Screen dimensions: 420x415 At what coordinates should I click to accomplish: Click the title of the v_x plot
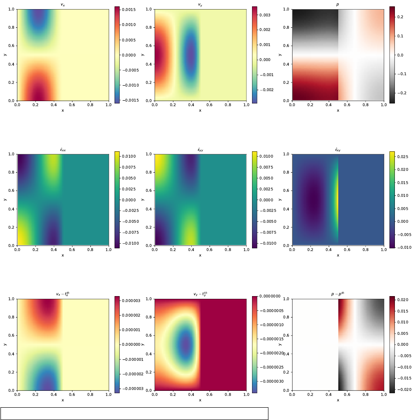[x=63, y=5]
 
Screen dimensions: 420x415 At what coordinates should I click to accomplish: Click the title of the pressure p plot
[x=338, y=5]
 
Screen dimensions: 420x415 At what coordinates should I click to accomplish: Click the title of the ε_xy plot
[x=338, y=149]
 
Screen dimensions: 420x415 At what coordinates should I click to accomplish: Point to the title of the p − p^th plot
[x=338, y=294]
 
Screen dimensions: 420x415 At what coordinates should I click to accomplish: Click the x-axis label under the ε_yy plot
[x=200, y=255]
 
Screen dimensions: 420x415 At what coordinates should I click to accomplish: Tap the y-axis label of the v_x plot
[x=5, y=55]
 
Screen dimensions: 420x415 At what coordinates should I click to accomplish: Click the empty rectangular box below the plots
[x=134, y=414]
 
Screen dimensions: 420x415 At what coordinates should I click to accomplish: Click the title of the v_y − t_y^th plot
[x=200, y=294]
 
